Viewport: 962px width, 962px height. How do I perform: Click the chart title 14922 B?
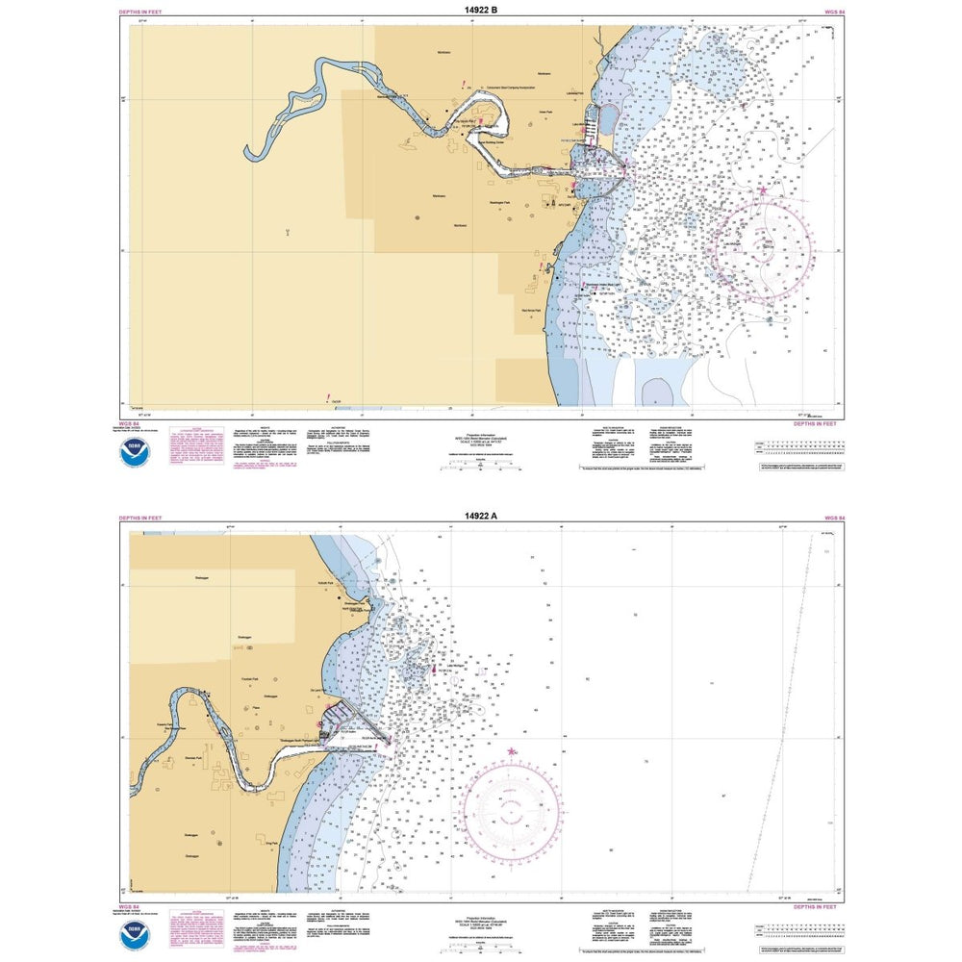(480, 10)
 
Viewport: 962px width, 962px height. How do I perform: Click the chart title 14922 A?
(480, 517)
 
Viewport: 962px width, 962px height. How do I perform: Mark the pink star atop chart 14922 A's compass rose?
(510, 751)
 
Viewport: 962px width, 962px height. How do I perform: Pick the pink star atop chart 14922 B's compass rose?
(764, 190)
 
